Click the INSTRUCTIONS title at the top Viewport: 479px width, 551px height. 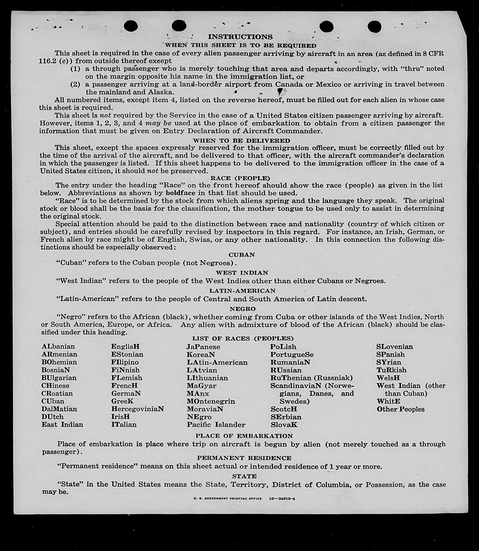click(240, 37)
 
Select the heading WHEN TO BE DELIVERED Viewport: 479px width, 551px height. click(241, 140)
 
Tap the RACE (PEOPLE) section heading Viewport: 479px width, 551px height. click(240, 178)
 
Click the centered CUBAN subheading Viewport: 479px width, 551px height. click(242, 255)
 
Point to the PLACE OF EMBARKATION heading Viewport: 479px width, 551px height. click(244, 436)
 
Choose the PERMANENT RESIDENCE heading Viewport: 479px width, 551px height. click(244, 458)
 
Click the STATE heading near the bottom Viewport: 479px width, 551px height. click(244, 476)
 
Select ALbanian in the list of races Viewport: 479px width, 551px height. click(58, 346)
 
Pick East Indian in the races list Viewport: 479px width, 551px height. click(62, 424)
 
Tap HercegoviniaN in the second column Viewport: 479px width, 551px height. click(137, 409)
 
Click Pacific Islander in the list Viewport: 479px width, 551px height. click(216, 424)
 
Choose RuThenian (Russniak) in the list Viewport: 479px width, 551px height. click(312, 378)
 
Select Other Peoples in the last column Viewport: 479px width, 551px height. click(400, 409)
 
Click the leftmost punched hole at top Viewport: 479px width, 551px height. click(131, 26)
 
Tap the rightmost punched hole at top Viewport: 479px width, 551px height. click(374, 26)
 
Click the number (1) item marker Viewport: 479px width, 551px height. click(75, 69)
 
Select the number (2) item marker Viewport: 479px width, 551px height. click(75, 84)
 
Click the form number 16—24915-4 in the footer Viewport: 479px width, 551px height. click(282, 499)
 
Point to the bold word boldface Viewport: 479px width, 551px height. click(181, 193)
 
